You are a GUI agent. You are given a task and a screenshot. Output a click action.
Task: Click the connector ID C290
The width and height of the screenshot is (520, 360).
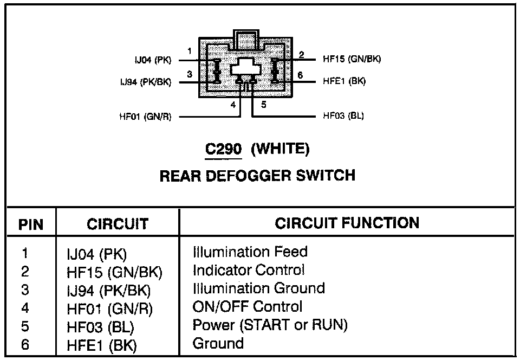[223, 149]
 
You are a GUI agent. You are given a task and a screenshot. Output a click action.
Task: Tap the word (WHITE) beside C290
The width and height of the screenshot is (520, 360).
[280, 149]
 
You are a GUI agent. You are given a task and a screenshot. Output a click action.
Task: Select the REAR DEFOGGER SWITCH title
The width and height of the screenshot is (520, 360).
[257, 176]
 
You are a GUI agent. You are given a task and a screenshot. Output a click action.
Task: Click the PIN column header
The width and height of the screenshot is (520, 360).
[31, 224]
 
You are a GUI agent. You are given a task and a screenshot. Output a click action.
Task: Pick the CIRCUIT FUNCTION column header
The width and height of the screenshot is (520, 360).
[347, 223]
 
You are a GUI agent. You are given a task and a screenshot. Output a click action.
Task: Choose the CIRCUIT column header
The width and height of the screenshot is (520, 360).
[118, 224]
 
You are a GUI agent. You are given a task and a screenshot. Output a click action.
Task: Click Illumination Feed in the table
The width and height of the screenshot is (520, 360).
[250, 252]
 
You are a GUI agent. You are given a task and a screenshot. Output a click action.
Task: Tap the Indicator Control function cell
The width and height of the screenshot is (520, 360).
[249, 270]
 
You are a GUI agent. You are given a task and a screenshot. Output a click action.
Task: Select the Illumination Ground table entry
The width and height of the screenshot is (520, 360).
[258, 288]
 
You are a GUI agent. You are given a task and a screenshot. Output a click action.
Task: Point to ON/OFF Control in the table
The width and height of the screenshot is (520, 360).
[248, 306]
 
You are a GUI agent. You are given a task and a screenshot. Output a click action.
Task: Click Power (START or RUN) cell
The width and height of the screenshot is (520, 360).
[270, 325]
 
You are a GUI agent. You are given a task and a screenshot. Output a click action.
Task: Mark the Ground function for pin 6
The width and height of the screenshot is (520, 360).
[218, 343]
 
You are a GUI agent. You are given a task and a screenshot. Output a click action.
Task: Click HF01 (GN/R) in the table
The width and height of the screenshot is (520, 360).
[110, 309]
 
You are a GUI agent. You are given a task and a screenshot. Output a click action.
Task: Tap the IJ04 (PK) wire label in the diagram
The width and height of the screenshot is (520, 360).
[153, 60]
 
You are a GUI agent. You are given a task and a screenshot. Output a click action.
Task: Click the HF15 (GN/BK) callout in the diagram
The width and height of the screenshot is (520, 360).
[352, 59]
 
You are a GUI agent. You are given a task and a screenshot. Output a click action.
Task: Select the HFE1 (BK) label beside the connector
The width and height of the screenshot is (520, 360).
[344, 81]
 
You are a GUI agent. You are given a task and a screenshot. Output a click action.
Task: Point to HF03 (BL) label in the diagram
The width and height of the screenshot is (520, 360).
[343, 115]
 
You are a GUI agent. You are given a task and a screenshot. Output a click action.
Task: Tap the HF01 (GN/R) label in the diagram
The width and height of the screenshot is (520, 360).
[145, 117]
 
